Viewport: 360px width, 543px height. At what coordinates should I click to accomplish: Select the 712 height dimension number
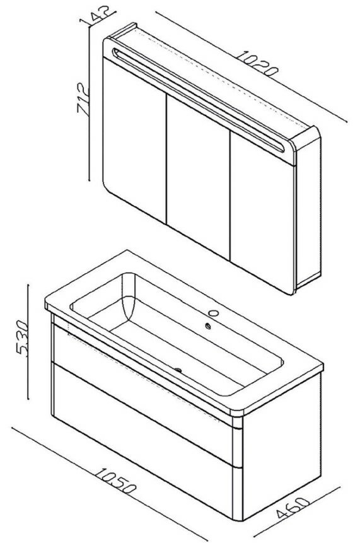click(x=83, y=98)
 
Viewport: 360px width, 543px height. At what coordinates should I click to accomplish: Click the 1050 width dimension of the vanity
click(x=115, y=481)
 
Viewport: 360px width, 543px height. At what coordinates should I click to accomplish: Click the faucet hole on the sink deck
click(x=214, y=313)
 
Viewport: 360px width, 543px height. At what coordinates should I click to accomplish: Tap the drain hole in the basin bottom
click(x=178, y=370)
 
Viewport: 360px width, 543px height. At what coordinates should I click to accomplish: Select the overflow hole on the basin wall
click(x=208, y=325)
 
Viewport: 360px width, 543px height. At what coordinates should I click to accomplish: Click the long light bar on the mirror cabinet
click(x=199, y=100)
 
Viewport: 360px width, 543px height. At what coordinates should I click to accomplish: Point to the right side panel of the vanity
click(x=282, y=447)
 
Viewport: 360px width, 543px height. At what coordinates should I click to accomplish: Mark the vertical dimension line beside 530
click(x=28, y=342)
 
